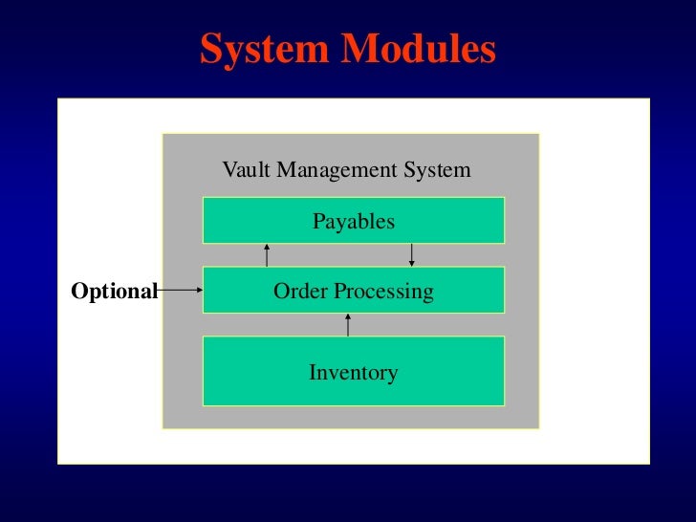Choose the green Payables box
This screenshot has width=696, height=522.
pos(353,221)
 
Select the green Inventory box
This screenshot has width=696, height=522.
pos(353,372)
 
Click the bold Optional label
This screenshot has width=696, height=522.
pos(114,292)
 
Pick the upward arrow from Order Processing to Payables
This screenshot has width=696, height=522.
pos(267,255)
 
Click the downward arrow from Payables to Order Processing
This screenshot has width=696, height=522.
pos(411,254)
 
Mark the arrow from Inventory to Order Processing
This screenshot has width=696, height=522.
pos(348,324)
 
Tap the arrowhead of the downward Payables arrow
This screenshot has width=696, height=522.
pos(411,263)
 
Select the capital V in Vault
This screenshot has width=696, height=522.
pos(229,170)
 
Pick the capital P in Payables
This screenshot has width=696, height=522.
pos(318,221)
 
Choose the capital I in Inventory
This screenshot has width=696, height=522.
pos(313,372)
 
